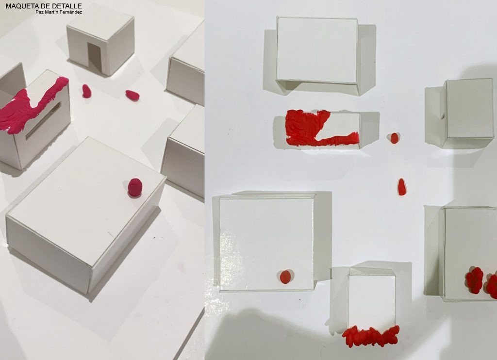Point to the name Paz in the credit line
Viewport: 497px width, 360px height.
point(39,12)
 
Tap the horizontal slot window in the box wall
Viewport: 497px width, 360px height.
point(43,121)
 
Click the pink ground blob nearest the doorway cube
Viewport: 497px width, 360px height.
point(86,91)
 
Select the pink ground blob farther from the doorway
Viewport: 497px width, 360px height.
point(132,95)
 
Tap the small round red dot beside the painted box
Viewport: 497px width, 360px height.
point(394,138)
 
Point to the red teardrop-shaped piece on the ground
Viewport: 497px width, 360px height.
point(401,187)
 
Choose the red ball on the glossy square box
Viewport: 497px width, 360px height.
point(285,277)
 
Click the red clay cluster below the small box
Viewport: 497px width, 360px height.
point(371,336)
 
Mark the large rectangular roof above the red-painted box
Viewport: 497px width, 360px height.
point(317,50)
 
